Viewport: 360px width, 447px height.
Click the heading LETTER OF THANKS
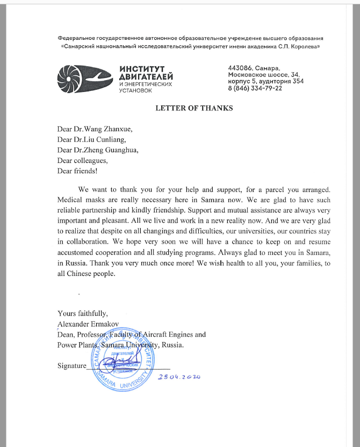194,108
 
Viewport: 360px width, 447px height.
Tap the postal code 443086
240,68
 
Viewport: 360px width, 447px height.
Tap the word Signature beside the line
71,365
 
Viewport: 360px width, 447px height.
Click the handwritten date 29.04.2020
179,377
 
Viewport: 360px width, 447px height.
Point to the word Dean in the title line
65,334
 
